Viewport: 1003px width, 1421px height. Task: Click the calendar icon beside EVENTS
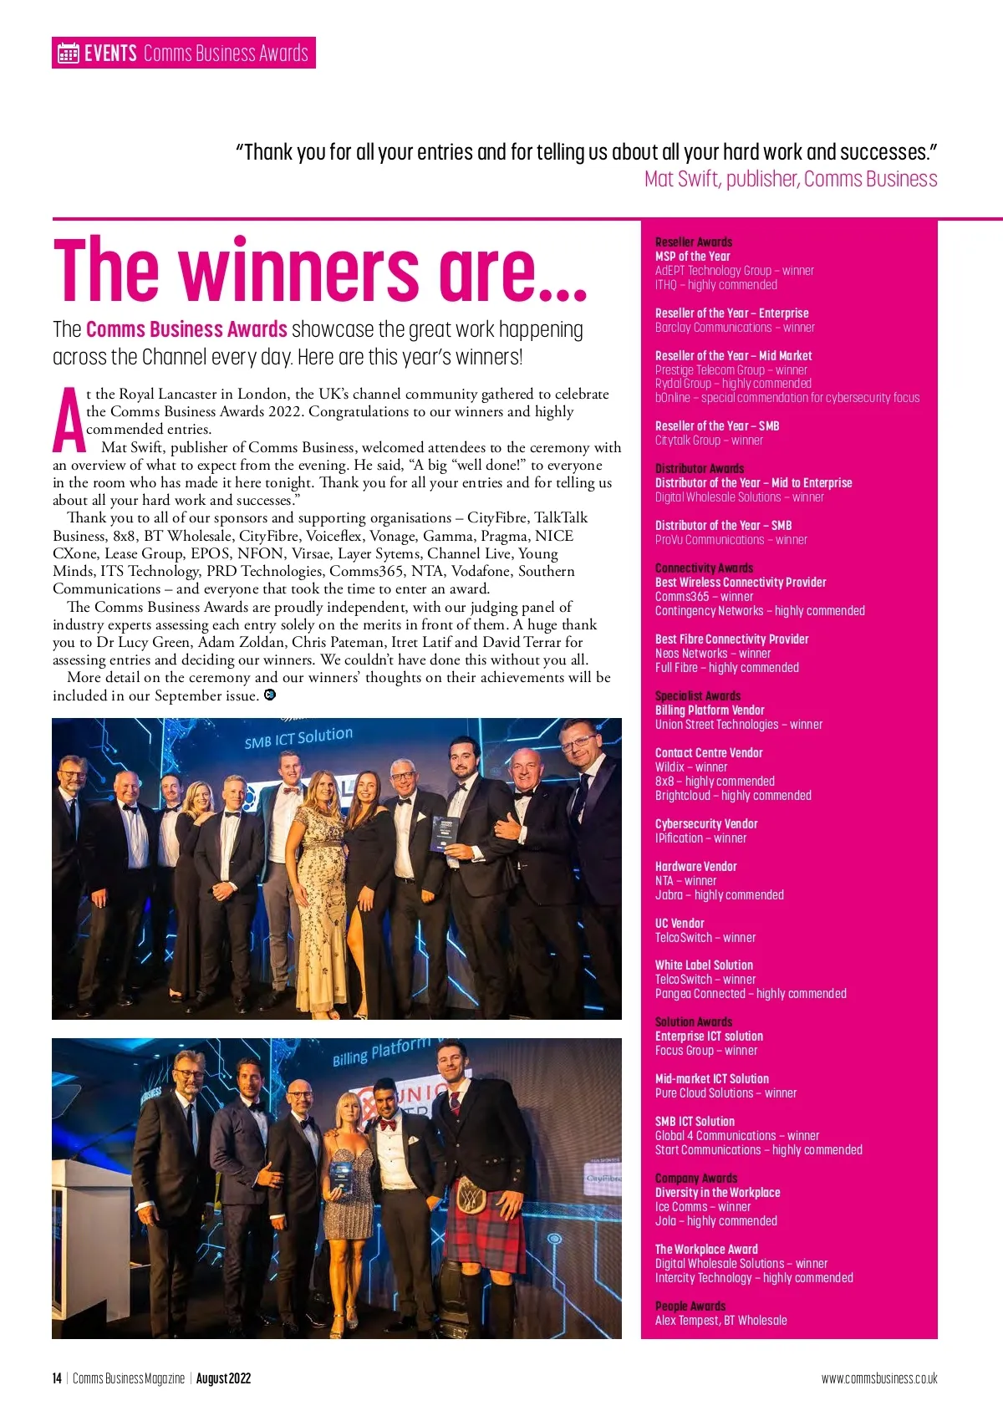point(68,53)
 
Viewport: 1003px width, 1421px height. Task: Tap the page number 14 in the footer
point(57,1378)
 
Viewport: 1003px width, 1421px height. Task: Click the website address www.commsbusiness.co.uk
point(879,1378)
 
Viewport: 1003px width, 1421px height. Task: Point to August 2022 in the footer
point(223,1378)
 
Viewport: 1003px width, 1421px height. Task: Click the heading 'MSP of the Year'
point(692,257)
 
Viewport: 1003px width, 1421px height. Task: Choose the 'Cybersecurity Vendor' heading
point(706,823)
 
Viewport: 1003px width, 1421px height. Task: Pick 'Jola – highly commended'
point(715,1220)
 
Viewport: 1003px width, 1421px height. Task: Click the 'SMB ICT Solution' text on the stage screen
point(298,737)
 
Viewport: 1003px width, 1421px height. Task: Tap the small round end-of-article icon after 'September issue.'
point(270,695)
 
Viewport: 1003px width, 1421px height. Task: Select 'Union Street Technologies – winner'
point(738,724)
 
